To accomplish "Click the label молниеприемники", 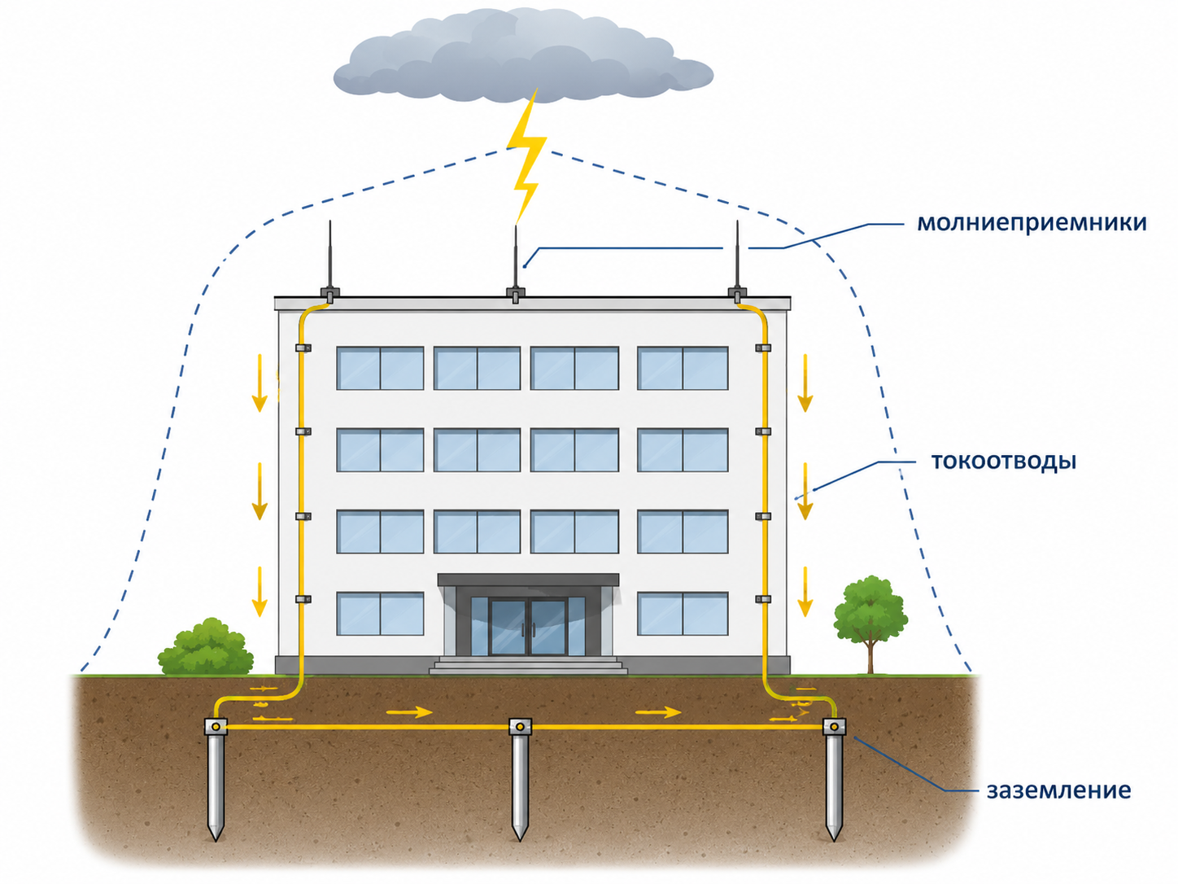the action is [1031, 223].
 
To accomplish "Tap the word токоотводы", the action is [1004, 461].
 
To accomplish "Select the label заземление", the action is [1059, 790].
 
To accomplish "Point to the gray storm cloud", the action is [523, 56].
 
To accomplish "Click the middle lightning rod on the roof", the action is [516, 263].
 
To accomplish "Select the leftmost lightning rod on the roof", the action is [330, 260].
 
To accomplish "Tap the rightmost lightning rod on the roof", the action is [737, 260].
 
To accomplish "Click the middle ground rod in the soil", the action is [520, 778].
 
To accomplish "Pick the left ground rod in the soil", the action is [216, 778].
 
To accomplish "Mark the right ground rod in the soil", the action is [834, 778].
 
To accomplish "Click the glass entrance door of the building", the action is [528, 627].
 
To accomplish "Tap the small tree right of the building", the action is [870, 624].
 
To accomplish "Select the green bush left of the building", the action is [206, 647].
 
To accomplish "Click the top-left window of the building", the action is [380, 368].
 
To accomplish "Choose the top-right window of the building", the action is [683, 368].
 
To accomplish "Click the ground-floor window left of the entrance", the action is [380, 614].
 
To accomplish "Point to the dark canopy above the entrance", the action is [528, 580].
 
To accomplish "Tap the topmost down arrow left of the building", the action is [260, 383].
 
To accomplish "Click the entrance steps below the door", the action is [528, 665].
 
